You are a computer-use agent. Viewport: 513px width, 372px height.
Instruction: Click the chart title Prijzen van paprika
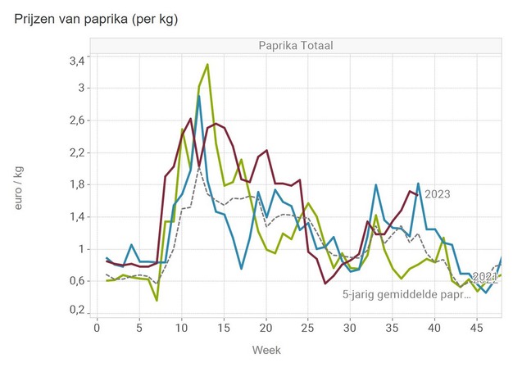(x=96, y=19)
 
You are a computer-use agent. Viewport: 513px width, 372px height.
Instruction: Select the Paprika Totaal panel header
(x=295, y=45)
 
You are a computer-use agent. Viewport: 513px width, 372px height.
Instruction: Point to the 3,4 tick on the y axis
(x=76, y=61)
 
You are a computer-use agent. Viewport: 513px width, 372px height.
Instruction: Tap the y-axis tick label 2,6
(x=76, y=120)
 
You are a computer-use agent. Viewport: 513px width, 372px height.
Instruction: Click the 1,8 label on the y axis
(x=76, y=184)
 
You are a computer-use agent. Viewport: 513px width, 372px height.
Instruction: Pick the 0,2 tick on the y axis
(x=76, y=311)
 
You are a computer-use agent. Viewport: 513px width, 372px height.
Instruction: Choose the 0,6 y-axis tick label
(x=76, y=281)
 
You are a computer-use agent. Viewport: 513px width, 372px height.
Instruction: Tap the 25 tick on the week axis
(x=308, y=328)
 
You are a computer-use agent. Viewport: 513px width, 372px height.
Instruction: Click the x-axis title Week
(x=266, y=350)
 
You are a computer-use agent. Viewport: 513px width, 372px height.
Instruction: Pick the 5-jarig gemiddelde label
(x=406, y=293)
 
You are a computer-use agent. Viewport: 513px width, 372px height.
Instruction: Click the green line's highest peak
(x=207, y=64)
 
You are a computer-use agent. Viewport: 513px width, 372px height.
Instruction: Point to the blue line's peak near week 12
(x=198, y=96)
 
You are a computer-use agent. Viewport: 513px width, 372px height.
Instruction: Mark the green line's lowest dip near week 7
(x=157, y=301)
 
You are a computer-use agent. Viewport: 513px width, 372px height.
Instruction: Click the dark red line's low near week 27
(x=325, y=283)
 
